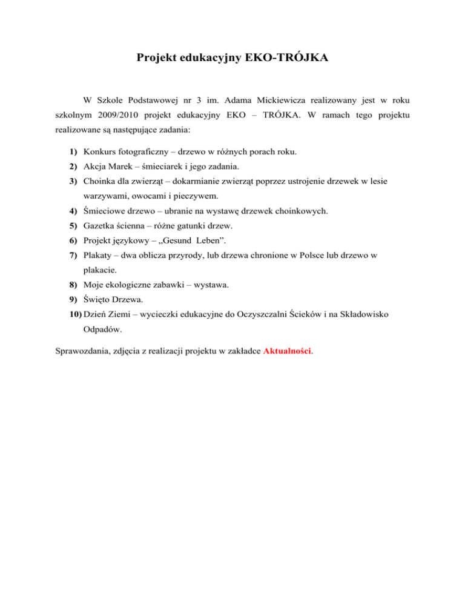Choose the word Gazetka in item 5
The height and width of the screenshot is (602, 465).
(101, 226)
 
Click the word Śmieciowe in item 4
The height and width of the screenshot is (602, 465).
(106, 211)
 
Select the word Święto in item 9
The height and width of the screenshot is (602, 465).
(98, 300)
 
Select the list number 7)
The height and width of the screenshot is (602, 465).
(73, 256)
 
